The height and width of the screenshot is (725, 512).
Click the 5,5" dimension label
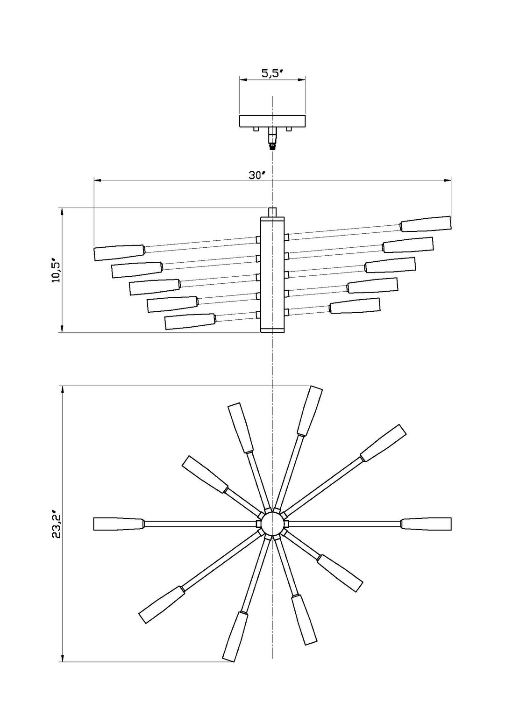pyautogui.click(x=271, y=73)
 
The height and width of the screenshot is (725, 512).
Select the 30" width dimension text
pyautogui.click(x=256, y=175)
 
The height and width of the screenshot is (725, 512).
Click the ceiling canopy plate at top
pyautogui.click(x=272, y=121)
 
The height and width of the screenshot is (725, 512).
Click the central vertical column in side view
pyautogui.click(x=272, y=274)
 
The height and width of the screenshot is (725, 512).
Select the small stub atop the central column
pyautogui.click(x=272, y=212)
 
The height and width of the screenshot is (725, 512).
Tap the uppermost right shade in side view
pyautogui.click(x=426, y=223)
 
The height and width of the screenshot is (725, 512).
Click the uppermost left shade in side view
pyautogui.click(x=119, y=252)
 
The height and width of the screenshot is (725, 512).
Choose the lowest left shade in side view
pyautogui.click(x=190, y=321)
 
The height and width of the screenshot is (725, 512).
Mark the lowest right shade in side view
pyautogui.click(x=354, y=305)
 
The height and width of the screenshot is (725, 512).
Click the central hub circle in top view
pyautogui.click(x=272, y=524)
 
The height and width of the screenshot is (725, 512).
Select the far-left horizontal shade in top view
pyautogui.click(x=118, y=524)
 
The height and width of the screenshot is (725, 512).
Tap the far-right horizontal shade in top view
pyautogui.click(x=426, y=524)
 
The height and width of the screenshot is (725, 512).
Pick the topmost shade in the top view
pyautogui.click(x=310, y=410)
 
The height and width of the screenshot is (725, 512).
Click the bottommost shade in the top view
pyautogui.click(x=235, y=636)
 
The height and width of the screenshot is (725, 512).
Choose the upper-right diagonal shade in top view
pyautogui.click(x=383, y=442)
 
